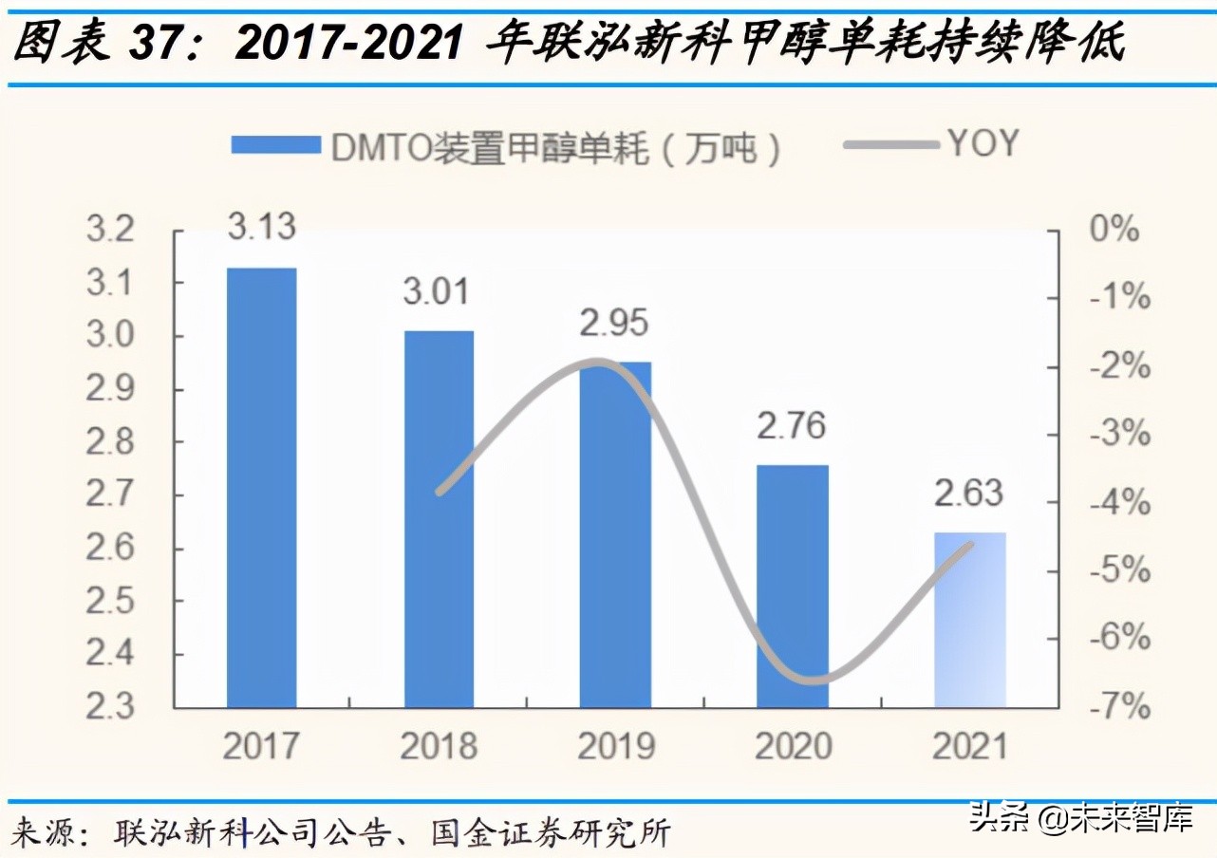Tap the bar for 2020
[793, 586]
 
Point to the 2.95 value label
[615, 323]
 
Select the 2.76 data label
[792, 425]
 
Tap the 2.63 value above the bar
[968, 494]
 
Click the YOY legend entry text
[983, 144]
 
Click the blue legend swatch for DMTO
[276, 145]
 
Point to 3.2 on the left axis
[112, 231]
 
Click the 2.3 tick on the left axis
[112, 707]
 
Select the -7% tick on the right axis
[1118, 707]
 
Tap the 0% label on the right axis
[1113, 231]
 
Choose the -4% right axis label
[1118, 503]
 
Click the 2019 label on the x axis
[615, 747]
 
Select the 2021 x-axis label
[968, 747]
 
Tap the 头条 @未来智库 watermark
[1080, 817]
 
